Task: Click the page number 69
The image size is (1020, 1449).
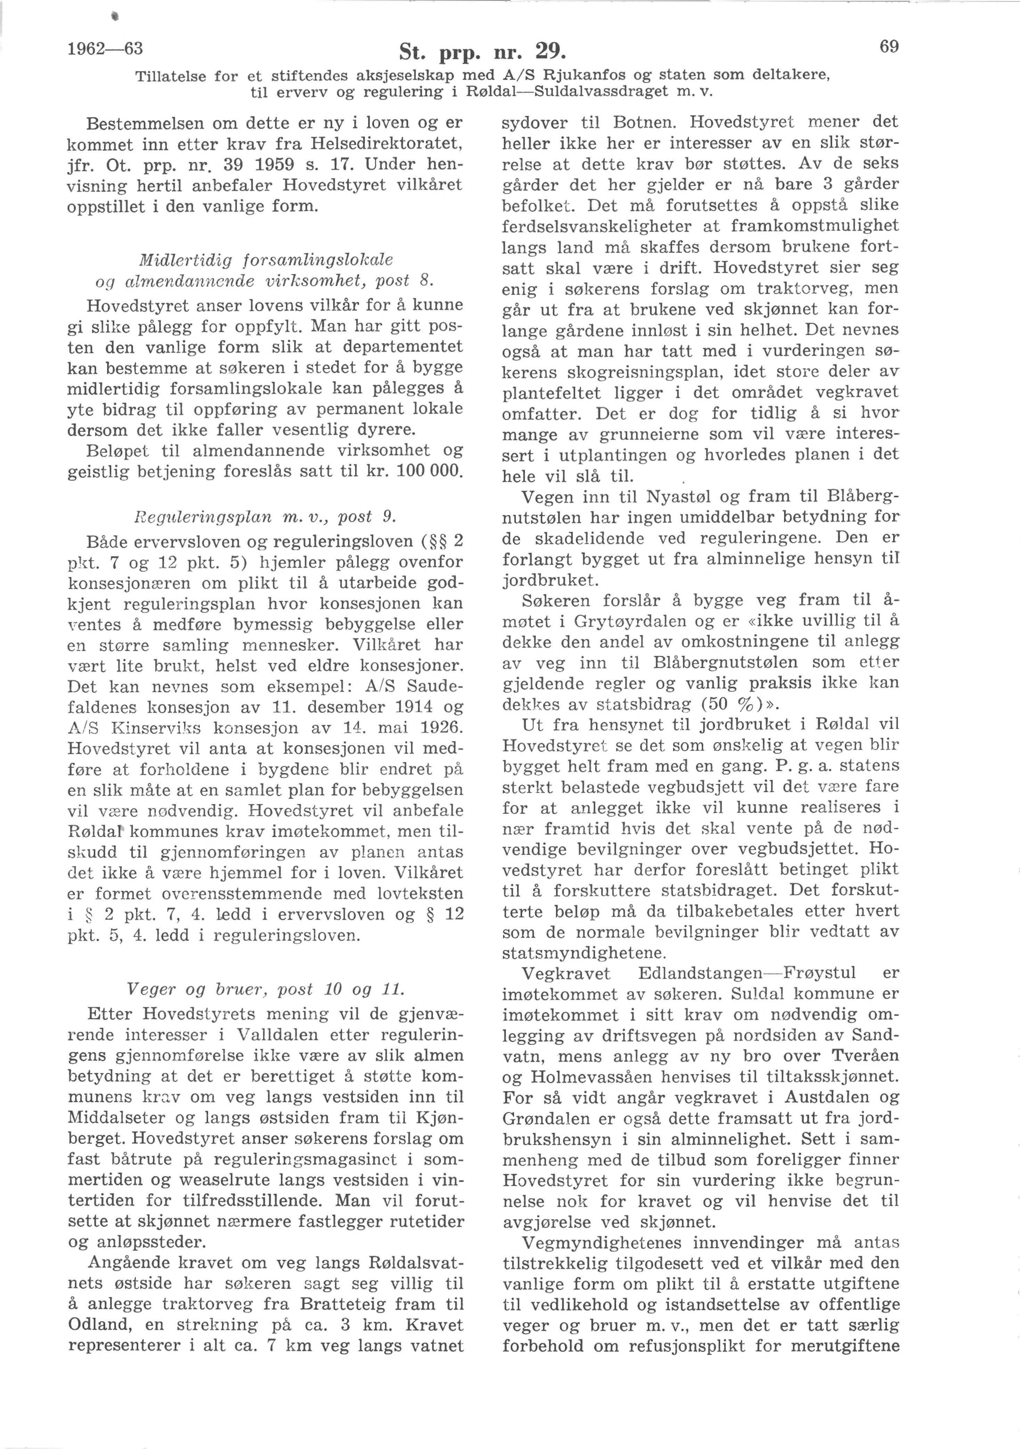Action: (888, 47)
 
